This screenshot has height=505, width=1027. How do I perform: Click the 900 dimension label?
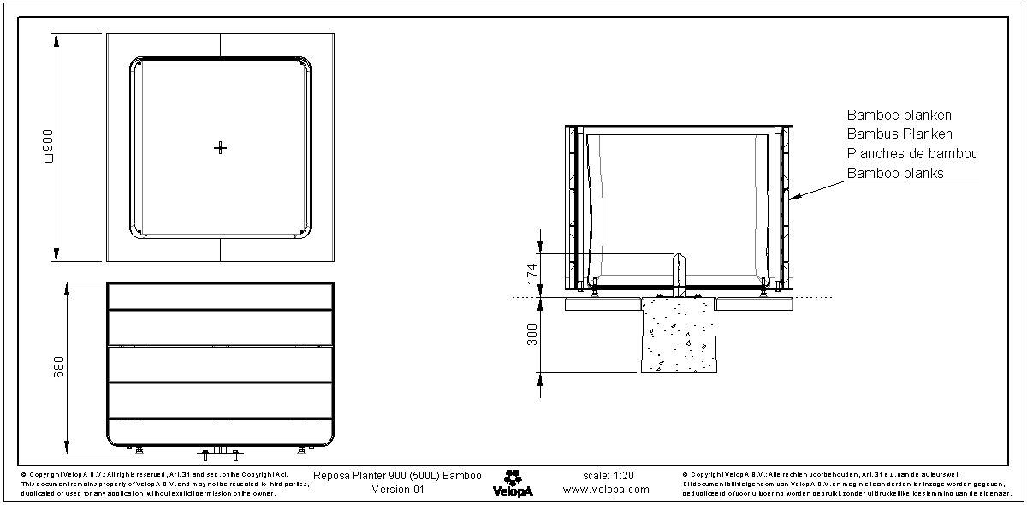[x=49, y=148]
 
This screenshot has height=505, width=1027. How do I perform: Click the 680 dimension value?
[x=59, y=368]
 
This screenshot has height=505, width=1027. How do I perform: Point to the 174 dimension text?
[x=531, y=274]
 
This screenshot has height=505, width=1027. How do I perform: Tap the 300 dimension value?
[x=531, y=335]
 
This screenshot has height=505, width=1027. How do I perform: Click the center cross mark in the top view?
[x=220, y=148]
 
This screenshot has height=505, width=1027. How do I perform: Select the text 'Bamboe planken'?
[x=899, y=115]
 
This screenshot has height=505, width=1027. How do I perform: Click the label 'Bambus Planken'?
[x=899, y=134]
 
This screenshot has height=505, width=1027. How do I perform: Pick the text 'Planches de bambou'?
[x=912, y=154]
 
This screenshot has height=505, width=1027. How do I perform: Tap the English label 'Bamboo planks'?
[x=895, y=174]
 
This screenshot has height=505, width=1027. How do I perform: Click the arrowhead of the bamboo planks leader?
[x=795, y=199]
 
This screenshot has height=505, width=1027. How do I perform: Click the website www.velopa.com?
[x=606, y=490]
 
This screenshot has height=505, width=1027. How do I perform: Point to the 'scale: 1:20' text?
[x=607, y=475]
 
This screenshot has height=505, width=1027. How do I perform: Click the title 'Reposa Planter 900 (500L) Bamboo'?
[x=397, y=475]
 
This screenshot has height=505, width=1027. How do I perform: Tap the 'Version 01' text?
[x=398, y=490]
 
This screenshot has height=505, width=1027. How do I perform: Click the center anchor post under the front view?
[x=221, y=451]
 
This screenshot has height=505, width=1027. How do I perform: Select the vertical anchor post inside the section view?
[x=680, y=274]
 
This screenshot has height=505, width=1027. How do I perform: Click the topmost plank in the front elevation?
[x=220, y=296]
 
